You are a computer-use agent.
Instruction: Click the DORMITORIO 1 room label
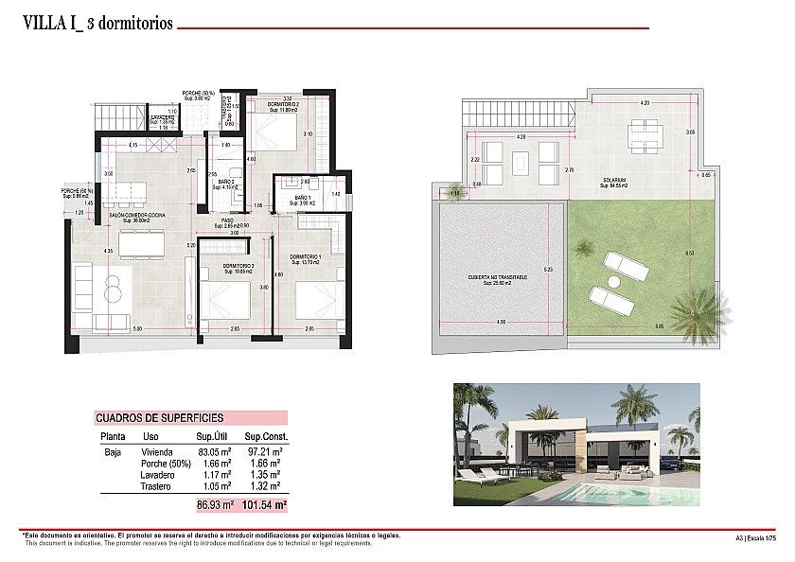point(305,256)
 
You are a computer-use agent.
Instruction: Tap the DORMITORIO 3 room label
point(225,266)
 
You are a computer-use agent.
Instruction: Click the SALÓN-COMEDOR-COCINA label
point(138,216)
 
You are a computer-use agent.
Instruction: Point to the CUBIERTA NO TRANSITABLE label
point(498,277)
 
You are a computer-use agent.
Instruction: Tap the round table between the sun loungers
point(612,282)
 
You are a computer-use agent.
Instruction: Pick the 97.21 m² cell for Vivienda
point(268,451)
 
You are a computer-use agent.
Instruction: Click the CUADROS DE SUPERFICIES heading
point(159,417)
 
